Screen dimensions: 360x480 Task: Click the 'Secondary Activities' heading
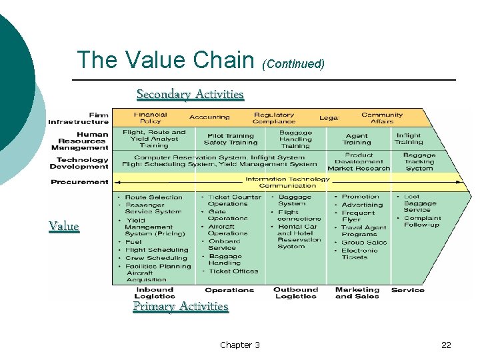pos(190,94)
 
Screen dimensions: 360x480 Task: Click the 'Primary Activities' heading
pos(181,306)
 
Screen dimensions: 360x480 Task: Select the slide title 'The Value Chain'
pos(166,60)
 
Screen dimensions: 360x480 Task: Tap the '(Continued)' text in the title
pos(293,64)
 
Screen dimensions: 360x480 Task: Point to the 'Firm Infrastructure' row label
pos(78,118)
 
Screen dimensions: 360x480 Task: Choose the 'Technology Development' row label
pos(82,163)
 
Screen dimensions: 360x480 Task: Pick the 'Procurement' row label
pos(79,182)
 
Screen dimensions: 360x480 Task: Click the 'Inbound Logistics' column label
pos(154,293)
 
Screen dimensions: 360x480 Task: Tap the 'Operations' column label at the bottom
pos(229,290)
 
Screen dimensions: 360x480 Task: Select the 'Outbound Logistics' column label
pos(295,293)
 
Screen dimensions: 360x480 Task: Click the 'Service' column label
pos(408,290)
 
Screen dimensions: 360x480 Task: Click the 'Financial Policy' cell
pos(150,118)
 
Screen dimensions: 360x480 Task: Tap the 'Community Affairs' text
pos(382,118)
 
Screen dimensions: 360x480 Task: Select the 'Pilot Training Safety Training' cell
pos(231,139)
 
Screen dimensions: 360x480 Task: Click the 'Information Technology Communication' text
pos(287,182)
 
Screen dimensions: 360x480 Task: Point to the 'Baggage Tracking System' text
pos(419,162)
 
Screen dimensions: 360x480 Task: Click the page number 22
pos(446,345)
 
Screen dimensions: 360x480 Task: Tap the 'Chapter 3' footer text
pos(240,345)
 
